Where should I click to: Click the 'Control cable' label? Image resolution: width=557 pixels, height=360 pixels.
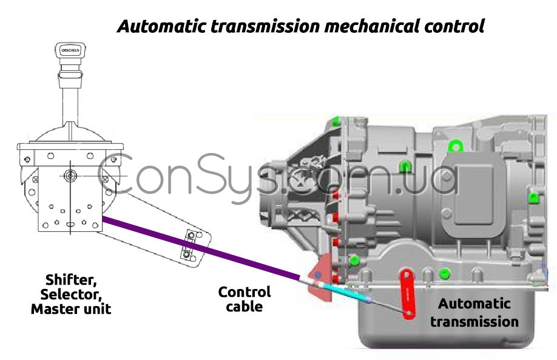click(x=245, y=299)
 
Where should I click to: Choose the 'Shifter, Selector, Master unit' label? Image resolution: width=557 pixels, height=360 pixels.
click(x=71, y=294)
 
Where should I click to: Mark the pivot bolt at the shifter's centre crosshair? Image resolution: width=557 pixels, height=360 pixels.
click(x=70, y=177)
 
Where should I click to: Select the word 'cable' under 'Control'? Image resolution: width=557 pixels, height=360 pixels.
click(x=245, y=306)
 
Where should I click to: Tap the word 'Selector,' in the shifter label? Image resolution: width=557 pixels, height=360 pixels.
click(x=71, y=294)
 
